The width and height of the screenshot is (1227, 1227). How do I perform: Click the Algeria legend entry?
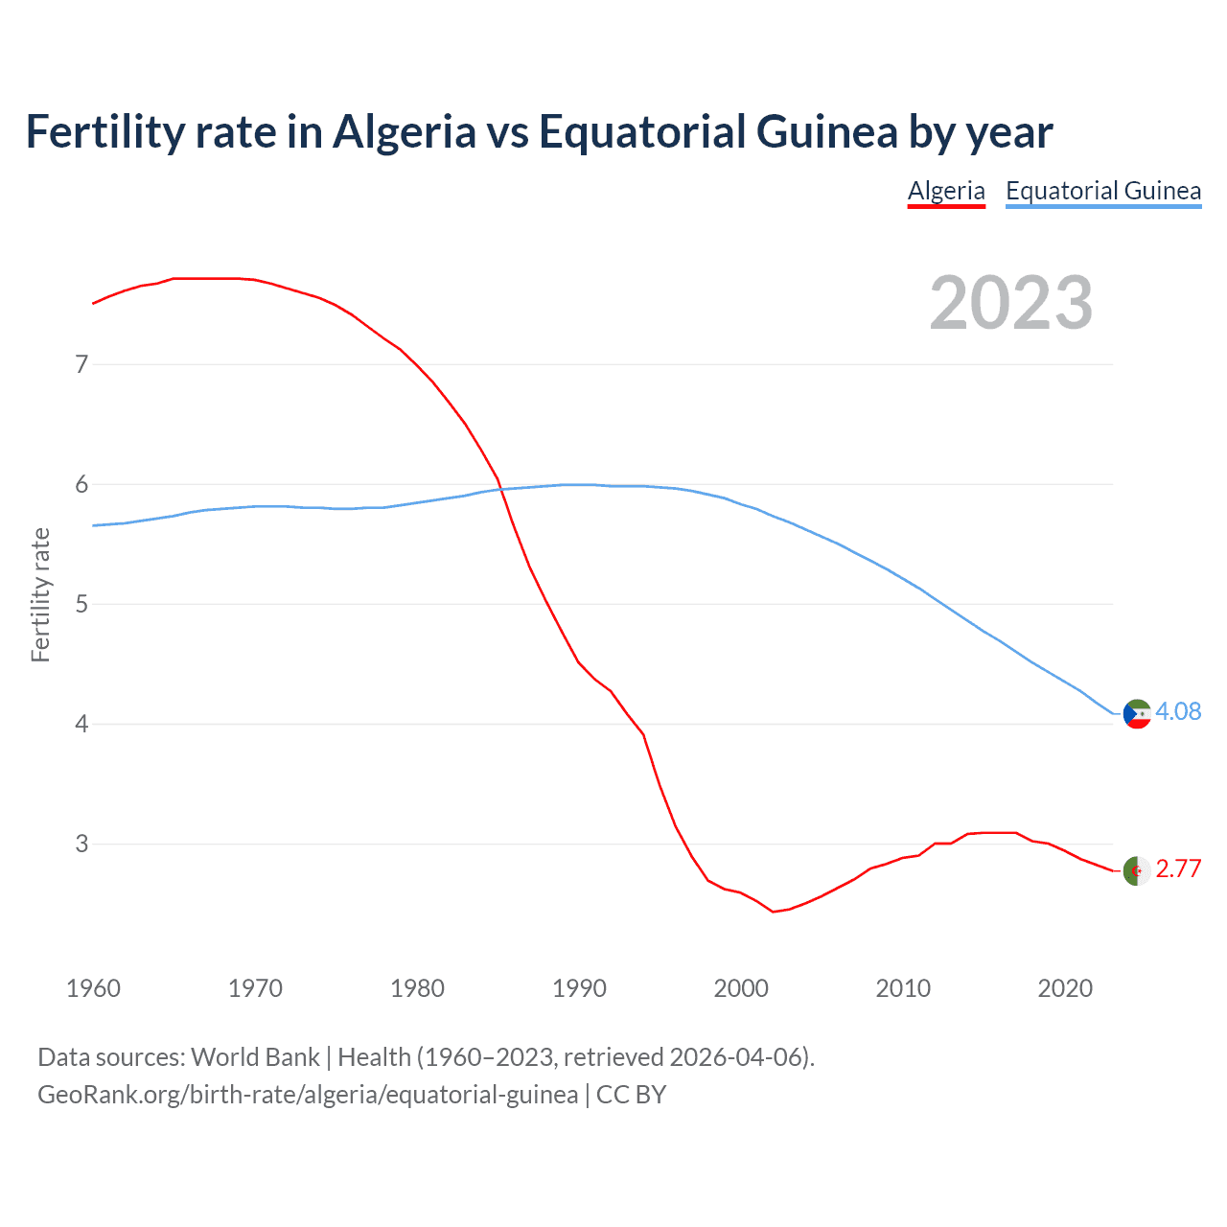point(946,191)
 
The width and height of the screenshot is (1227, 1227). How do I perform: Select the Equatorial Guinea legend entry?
point(1102,191)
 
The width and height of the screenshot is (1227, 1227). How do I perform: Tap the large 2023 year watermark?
point(1010,303)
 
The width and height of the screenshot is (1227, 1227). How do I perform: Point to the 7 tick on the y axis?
point(81,364)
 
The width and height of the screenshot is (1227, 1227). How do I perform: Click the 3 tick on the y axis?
point(81,844)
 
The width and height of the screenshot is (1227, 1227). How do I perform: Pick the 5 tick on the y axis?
point(81,604)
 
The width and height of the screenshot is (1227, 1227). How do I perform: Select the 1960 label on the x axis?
point(93,988)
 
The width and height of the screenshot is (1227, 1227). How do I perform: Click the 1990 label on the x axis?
point(579,988)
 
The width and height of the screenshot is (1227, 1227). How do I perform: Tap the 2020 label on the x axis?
point(1065,988)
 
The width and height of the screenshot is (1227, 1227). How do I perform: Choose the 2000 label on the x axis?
point(741,988)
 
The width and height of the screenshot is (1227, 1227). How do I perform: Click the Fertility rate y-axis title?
point(40,594)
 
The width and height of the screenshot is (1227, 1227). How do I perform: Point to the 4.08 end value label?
point(1178,711)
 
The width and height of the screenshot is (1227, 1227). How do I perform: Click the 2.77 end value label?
point(1178,868)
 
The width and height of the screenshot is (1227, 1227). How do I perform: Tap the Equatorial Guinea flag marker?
point(1137,714)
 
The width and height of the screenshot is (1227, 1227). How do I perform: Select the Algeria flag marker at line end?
point(1137,870)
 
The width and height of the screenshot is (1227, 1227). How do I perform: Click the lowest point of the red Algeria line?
point(773,912)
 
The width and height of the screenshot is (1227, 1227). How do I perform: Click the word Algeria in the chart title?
point(404,131)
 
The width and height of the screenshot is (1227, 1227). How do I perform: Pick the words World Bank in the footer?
point(255,1057)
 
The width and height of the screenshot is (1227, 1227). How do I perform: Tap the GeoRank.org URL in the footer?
point(308,1095)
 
